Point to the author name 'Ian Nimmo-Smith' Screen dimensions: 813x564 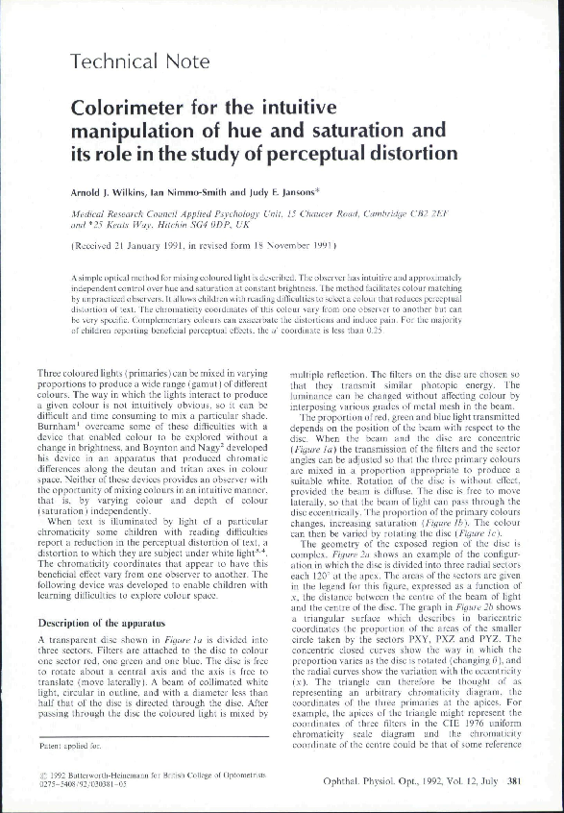199,194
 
